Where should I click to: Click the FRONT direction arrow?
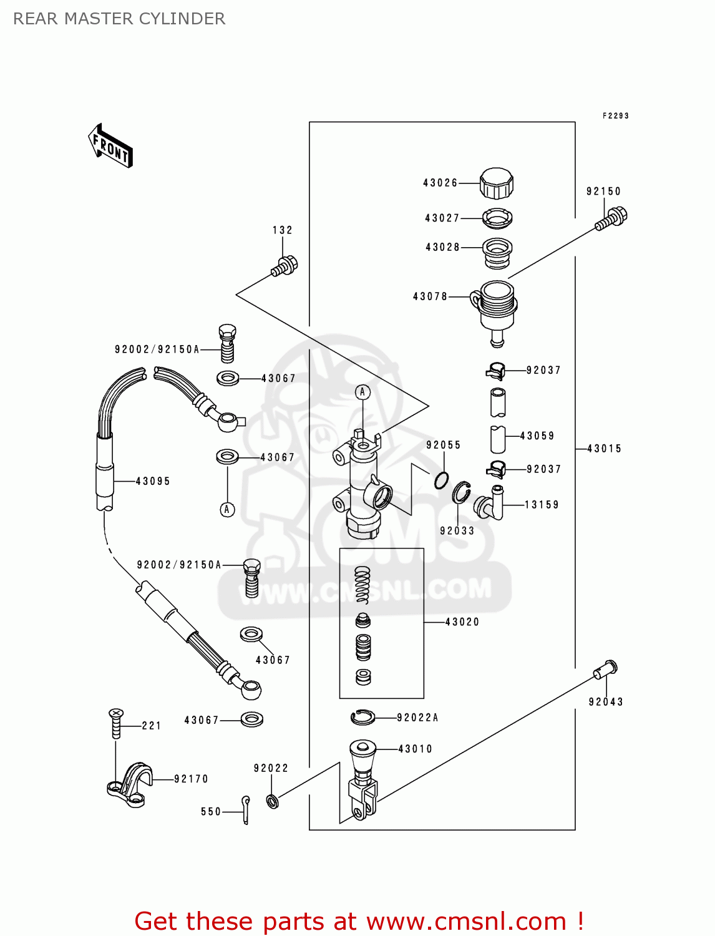tap(110, 146)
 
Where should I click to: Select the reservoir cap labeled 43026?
tap(497, 183)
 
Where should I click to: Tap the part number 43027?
tap(442, 218)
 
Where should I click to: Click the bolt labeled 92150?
tap(611, 219)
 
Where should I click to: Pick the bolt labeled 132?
tap(285, 266)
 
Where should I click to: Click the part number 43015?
tap(604, 449)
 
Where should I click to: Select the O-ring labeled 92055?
tap(442, 480)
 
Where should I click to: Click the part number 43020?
tap(462, 622)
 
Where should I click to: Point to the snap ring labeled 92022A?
tap(362, 718)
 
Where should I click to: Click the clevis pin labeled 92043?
tap(605, 670)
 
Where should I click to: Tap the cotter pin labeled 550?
tap(246, 809)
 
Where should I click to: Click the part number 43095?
tap(153, 481)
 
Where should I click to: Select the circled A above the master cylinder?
tap(362, 392)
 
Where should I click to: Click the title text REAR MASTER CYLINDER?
tap(119, 19)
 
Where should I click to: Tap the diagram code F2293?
tap(615, 116)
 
